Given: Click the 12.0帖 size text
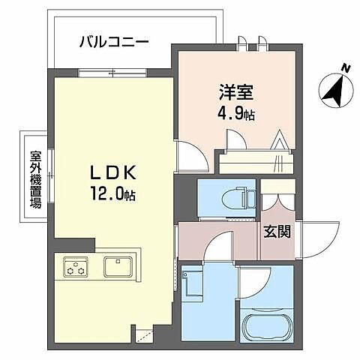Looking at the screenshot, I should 114,193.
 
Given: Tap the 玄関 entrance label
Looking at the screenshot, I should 277,231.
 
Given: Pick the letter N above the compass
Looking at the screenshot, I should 346,69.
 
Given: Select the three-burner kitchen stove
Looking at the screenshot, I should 76,267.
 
